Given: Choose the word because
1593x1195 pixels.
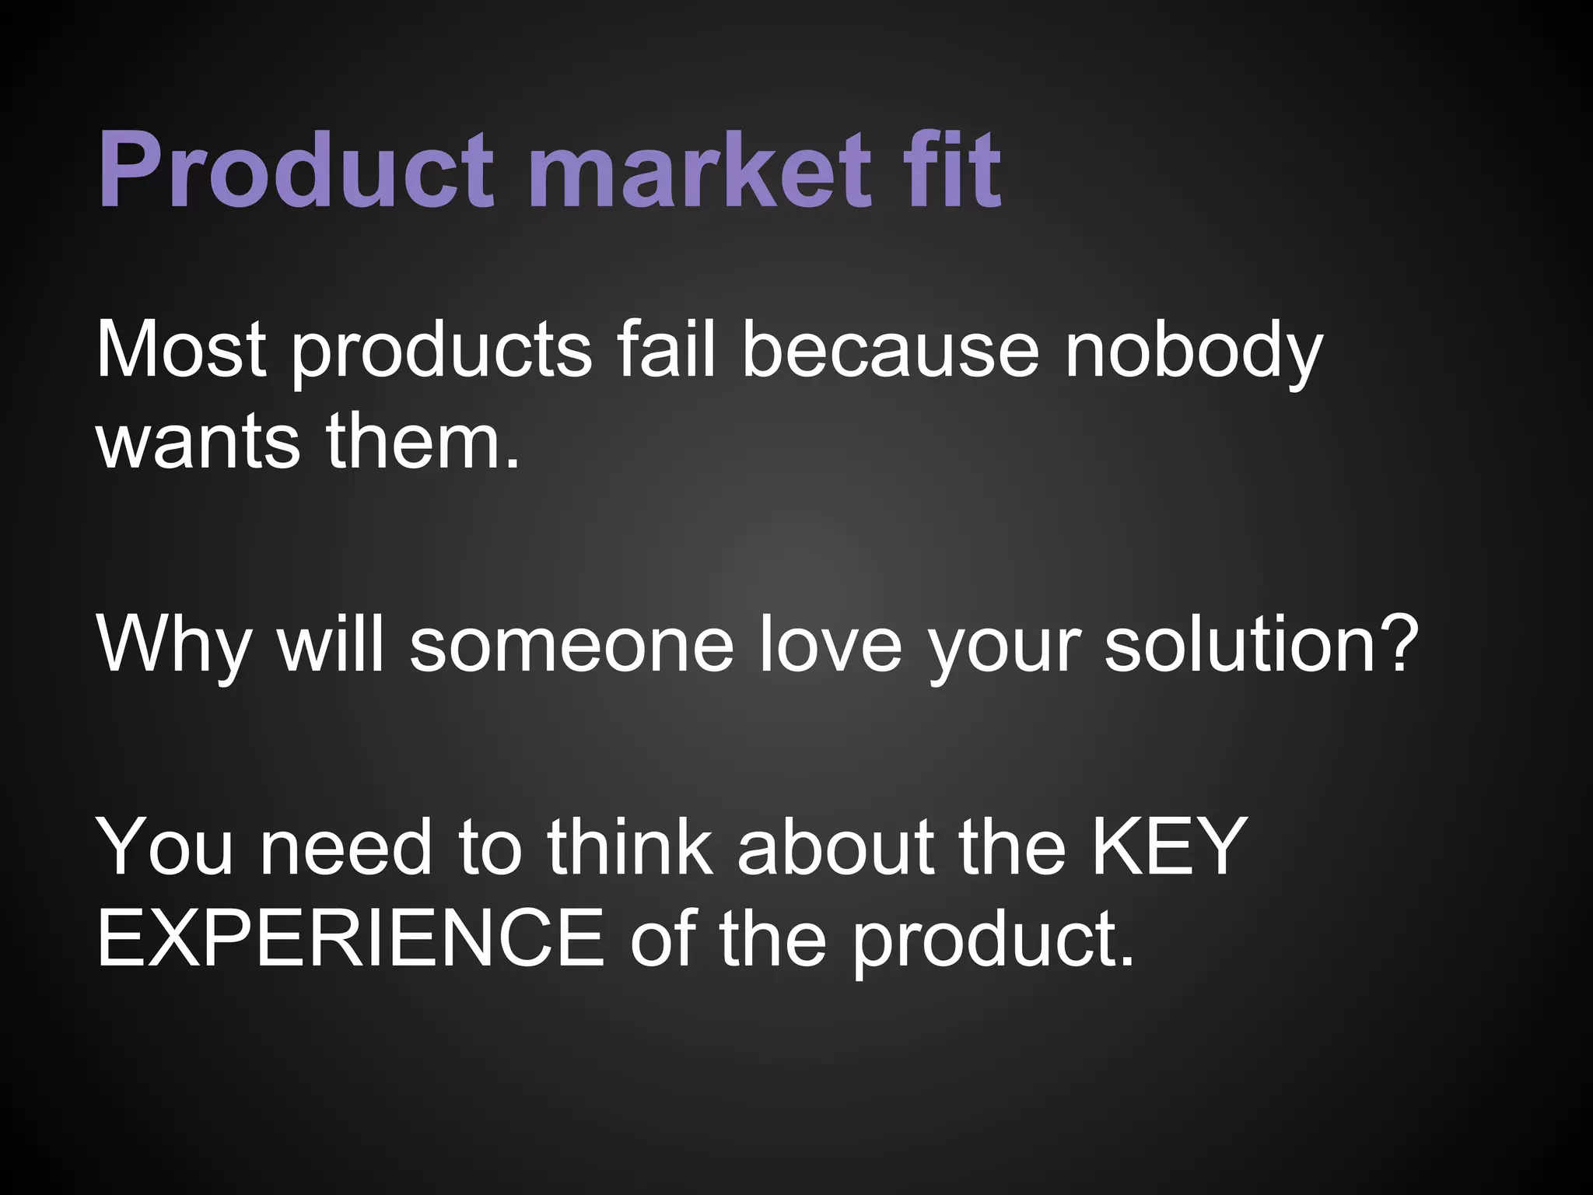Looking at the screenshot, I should pyautogui.click(x=890, y=352).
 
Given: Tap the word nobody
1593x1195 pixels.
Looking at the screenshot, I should pyautogui.click(x=1193, y=352).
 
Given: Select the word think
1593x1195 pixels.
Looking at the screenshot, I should pyautogui.click(x=630, y=848).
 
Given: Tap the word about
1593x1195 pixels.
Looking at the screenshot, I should pyautogui.click(x=835, y=848).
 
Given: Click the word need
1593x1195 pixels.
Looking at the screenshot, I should pyautogui.click(x=345, y=848).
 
